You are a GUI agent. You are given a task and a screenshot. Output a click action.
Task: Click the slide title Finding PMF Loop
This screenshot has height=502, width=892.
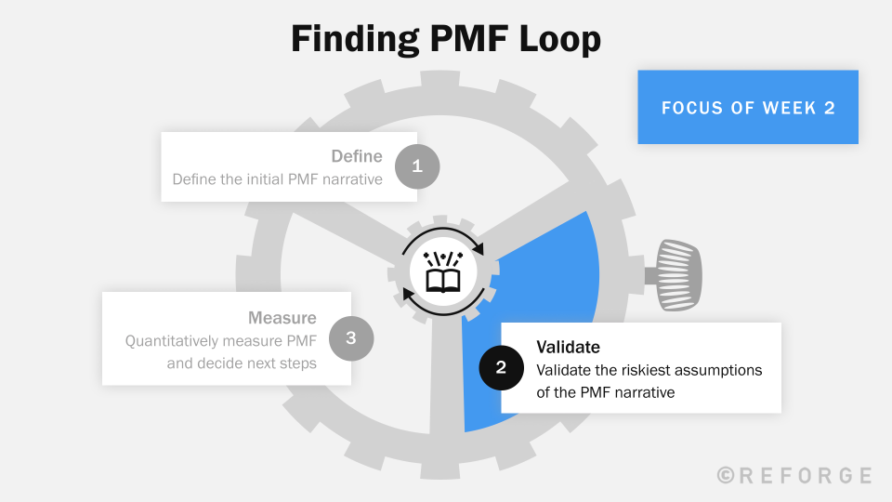coord(446,40)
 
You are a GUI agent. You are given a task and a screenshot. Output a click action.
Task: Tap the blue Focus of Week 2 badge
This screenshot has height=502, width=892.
coord(747,107)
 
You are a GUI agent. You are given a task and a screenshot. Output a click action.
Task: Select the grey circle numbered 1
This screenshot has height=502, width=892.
coord(417,166)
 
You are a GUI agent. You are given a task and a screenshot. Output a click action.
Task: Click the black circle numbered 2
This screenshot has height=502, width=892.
coord(501,367)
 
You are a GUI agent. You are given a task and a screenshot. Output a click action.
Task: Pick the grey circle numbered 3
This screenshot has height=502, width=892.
coord(351,338)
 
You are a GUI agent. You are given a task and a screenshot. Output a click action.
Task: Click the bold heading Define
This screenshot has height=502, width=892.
coord(357,156)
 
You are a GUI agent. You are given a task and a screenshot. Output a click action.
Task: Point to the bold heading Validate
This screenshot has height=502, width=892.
coord(568,347)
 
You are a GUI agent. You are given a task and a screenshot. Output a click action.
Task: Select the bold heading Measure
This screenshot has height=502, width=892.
coord(282,318)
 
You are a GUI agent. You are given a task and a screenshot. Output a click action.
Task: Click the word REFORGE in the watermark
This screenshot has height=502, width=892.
coord(807,475)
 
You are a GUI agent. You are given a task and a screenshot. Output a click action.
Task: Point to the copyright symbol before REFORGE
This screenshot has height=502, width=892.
coord(727,475)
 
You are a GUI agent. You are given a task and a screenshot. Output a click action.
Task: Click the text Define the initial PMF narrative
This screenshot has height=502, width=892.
coord(277,178)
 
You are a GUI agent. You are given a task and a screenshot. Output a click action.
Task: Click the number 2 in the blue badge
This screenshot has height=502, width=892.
coord(829,108)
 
